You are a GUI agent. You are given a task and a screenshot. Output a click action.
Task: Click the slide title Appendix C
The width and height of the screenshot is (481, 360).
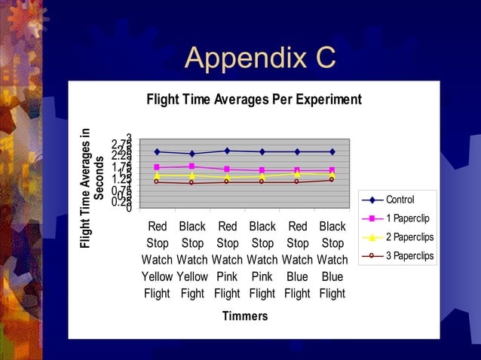point(260,57)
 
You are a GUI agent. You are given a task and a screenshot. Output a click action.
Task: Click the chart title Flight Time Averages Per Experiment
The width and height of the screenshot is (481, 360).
point(253,99)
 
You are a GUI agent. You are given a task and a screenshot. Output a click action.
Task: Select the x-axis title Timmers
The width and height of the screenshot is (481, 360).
point(244,316)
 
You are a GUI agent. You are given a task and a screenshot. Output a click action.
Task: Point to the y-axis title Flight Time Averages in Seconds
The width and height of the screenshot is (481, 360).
point(94,188)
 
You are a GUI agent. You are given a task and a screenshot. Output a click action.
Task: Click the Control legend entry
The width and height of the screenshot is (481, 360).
point(399,200)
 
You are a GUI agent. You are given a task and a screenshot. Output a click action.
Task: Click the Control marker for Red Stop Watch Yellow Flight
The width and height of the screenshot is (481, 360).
point(157,151)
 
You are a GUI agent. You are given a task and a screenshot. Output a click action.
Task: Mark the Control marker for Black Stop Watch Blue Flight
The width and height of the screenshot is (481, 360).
point(332,151)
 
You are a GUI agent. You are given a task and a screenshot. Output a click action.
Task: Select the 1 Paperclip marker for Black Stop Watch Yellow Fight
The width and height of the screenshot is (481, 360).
point(191,166)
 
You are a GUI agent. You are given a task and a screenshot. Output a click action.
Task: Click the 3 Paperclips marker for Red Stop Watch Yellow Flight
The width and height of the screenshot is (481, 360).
point(157,182)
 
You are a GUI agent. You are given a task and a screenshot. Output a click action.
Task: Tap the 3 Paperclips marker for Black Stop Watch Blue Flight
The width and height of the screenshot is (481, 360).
point(332,179)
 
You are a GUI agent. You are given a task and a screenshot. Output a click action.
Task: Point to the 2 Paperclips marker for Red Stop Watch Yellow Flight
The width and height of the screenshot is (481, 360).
point(157,175)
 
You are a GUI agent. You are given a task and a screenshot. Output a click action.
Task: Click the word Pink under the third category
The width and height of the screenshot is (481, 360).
point(227,276)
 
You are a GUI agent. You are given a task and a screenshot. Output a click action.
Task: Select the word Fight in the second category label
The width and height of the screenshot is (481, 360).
point(192,294)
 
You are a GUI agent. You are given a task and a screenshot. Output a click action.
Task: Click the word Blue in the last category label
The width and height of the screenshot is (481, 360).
point(332,276)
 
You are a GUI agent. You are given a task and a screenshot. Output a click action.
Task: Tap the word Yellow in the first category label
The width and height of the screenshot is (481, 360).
point(157,276)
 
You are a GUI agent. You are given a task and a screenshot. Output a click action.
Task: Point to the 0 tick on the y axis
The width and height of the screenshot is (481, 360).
point(129,208)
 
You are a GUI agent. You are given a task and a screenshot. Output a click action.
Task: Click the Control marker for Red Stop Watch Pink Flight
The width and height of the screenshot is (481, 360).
point(227,151)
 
